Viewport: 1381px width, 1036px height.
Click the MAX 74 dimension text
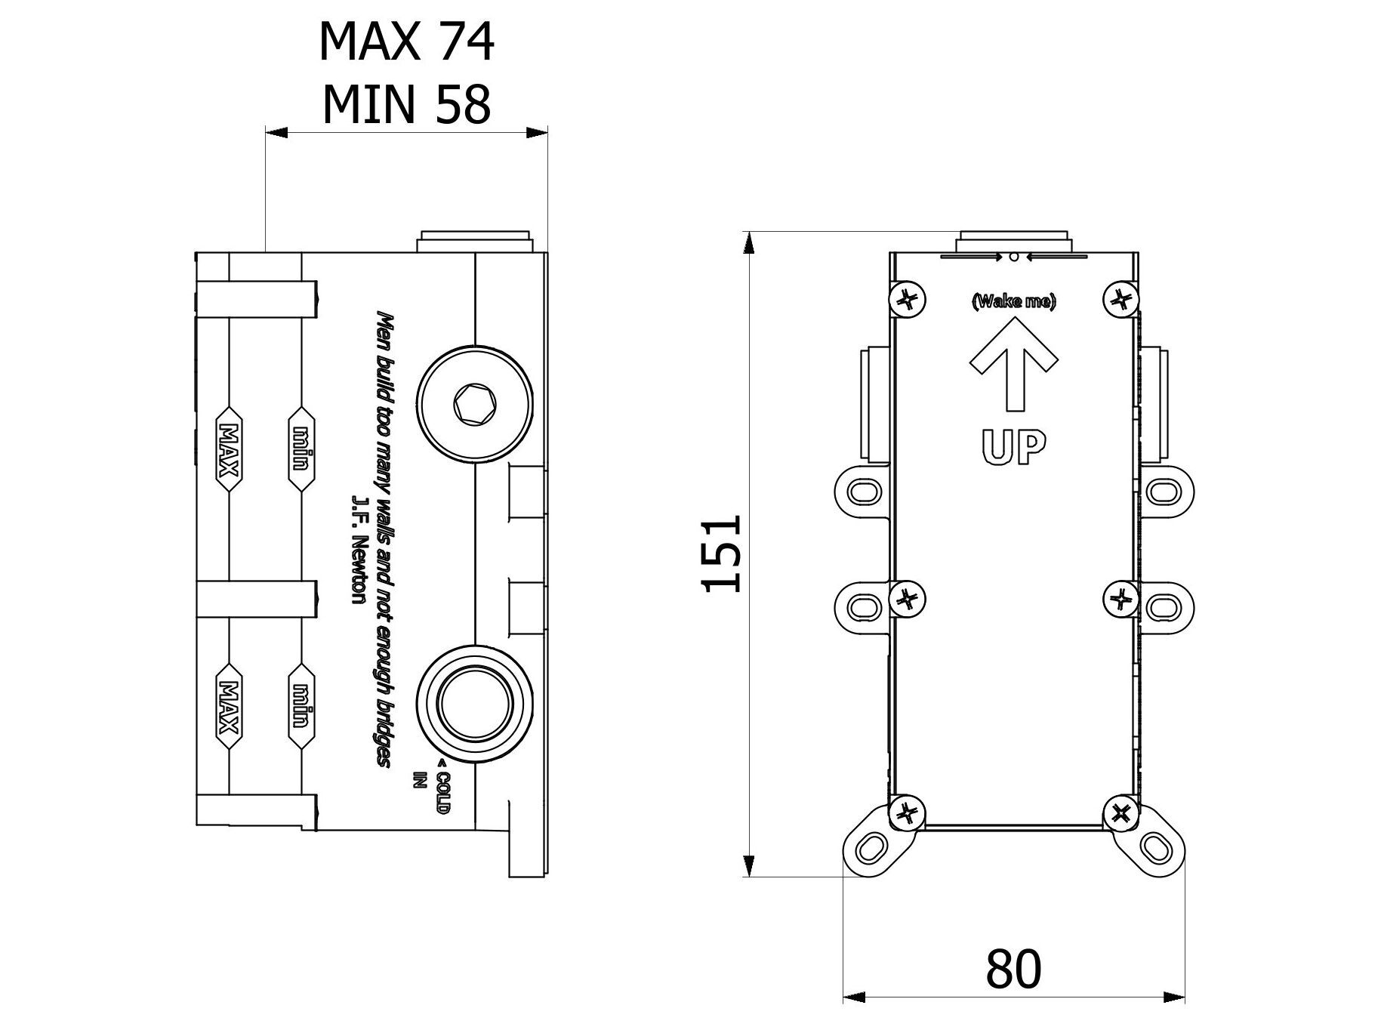[406, 42]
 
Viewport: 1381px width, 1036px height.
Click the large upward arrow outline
[1013, 362]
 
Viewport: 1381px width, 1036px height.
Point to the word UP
[1013, 447]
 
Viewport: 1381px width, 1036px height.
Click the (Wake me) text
[1013, 302]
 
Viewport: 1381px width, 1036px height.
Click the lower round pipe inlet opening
[474, 702]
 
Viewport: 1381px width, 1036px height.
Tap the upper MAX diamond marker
[228, 450]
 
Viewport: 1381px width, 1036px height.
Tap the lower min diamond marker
[301, 707]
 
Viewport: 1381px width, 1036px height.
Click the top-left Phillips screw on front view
[907, 301]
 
